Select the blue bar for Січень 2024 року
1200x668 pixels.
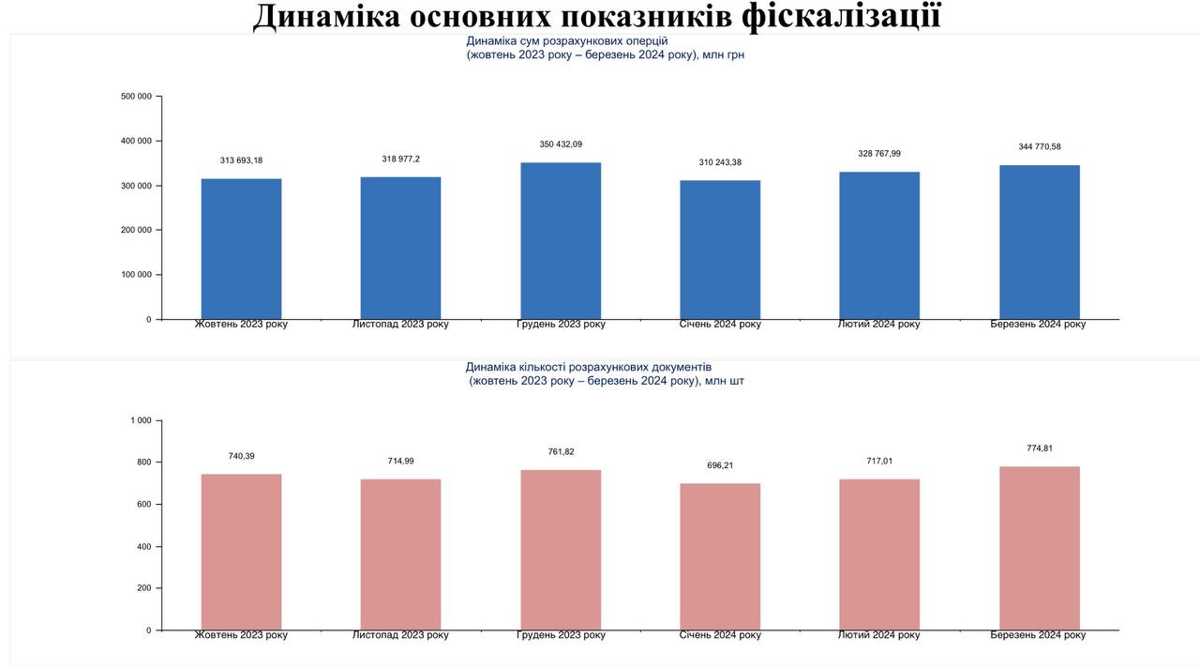[720, 250]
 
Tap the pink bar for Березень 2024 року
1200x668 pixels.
[1039, 548]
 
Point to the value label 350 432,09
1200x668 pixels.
[561, 144]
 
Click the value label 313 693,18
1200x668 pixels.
[241, 160]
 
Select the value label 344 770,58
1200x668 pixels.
[1040, 146]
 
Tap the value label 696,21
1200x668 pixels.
[720, 465]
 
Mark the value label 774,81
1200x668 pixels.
[1040, 448]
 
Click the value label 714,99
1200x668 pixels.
[400, 461]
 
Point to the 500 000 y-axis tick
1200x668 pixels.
[137, 96]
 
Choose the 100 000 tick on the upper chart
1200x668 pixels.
[137, 275]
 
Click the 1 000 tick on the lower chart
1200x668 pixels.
[141, 420]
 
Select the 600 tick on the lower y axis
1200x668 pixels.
[143, 505]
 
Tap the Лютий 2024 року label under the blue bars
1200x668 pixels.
[878, 325]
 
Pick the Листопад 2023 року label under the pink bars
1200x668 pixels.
[400, 635]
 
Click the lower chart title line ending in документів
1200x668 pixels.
[589, 367]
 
